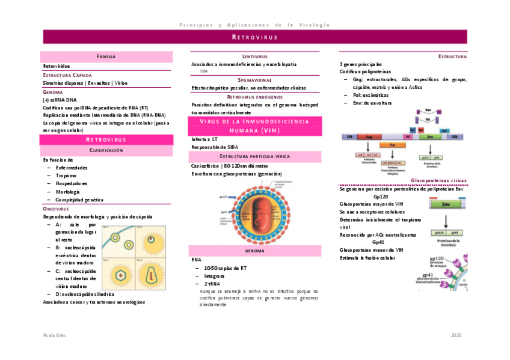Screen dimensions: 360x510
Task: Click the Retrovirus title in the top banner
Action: coord(254,37)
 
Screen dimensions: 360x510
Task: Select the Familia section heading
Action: coord(106,56)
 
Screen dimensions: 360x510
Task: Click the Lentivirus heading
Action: coord(254,56)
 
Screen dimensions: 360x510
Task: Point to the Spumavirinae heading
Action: coord(254,80)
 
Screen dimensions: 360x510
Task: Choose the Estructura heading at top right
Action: coord(452,56)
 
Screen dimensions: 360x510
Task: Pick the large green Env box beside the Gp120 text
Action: coord(446,205)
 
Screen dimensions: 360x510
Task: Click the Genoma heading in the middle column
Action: coord(254,251)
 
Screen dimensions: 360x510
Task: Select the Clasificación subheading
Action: coord(106,150)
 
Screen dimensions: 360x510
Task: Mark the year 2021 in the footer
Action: coord(456,334)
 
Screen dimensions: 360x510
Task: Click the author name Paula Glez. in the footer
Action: coord(55,334)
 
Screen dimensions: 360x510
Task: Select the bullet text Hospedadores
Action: coord(72,183)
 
